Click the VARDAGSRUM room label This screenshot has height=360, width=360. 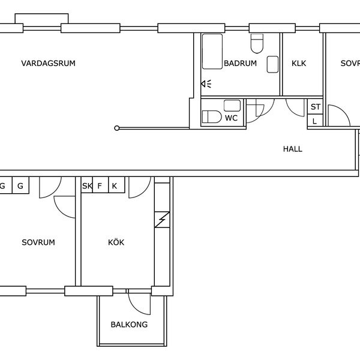click(48, 64)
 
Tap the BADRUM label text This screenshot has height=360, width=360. click(240, 64)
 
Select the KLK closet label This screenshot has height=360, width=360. click(299, 64)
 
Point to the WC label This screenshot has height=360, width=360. click(231, 118)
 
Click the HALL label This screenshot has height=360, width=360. click(293, 149)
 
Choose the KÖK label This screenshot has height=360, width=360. click(116, 242)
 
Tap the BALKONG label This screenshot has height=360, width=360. click(129, 325)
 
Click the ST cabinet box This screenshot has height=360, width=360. click(315, 106)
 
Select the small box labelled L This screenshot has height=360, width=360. click(315, 121)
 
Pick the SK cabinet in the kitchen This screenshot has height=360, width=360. click(87, 185)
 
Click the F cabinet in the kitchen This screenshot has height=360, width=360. click(100, 185)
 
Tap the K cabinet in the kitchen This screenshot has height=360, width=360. click(116, 185)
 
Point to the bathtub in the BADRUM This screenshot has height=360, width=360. click(212, 52)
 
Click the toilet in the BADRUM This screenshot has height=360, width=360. click(257, 44)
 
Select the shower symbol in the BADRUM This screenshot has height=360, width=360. click(206, 84)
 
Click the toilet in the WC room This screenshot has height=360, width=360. click(211, 116)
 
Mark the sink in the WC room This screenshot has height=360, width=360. click(232, 106)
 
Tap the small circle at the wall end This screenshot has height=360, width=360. click(116, 128)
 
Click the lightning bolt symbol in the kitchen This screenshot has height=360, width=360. click(163, 220)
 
